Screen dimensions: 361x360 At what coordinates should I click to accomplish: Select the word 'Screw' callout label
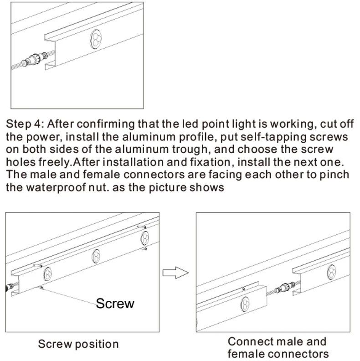[x=115, y=304]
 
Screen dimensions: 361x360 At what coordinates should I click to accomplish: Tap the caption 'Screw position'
[x=78, y=344]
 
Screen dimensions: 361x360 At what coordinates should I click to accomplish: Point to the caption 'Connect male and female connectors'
[x=278, y=347]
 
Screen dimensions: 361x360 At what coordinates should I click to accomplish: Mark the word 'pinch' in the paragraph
[x=334, y=175]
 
